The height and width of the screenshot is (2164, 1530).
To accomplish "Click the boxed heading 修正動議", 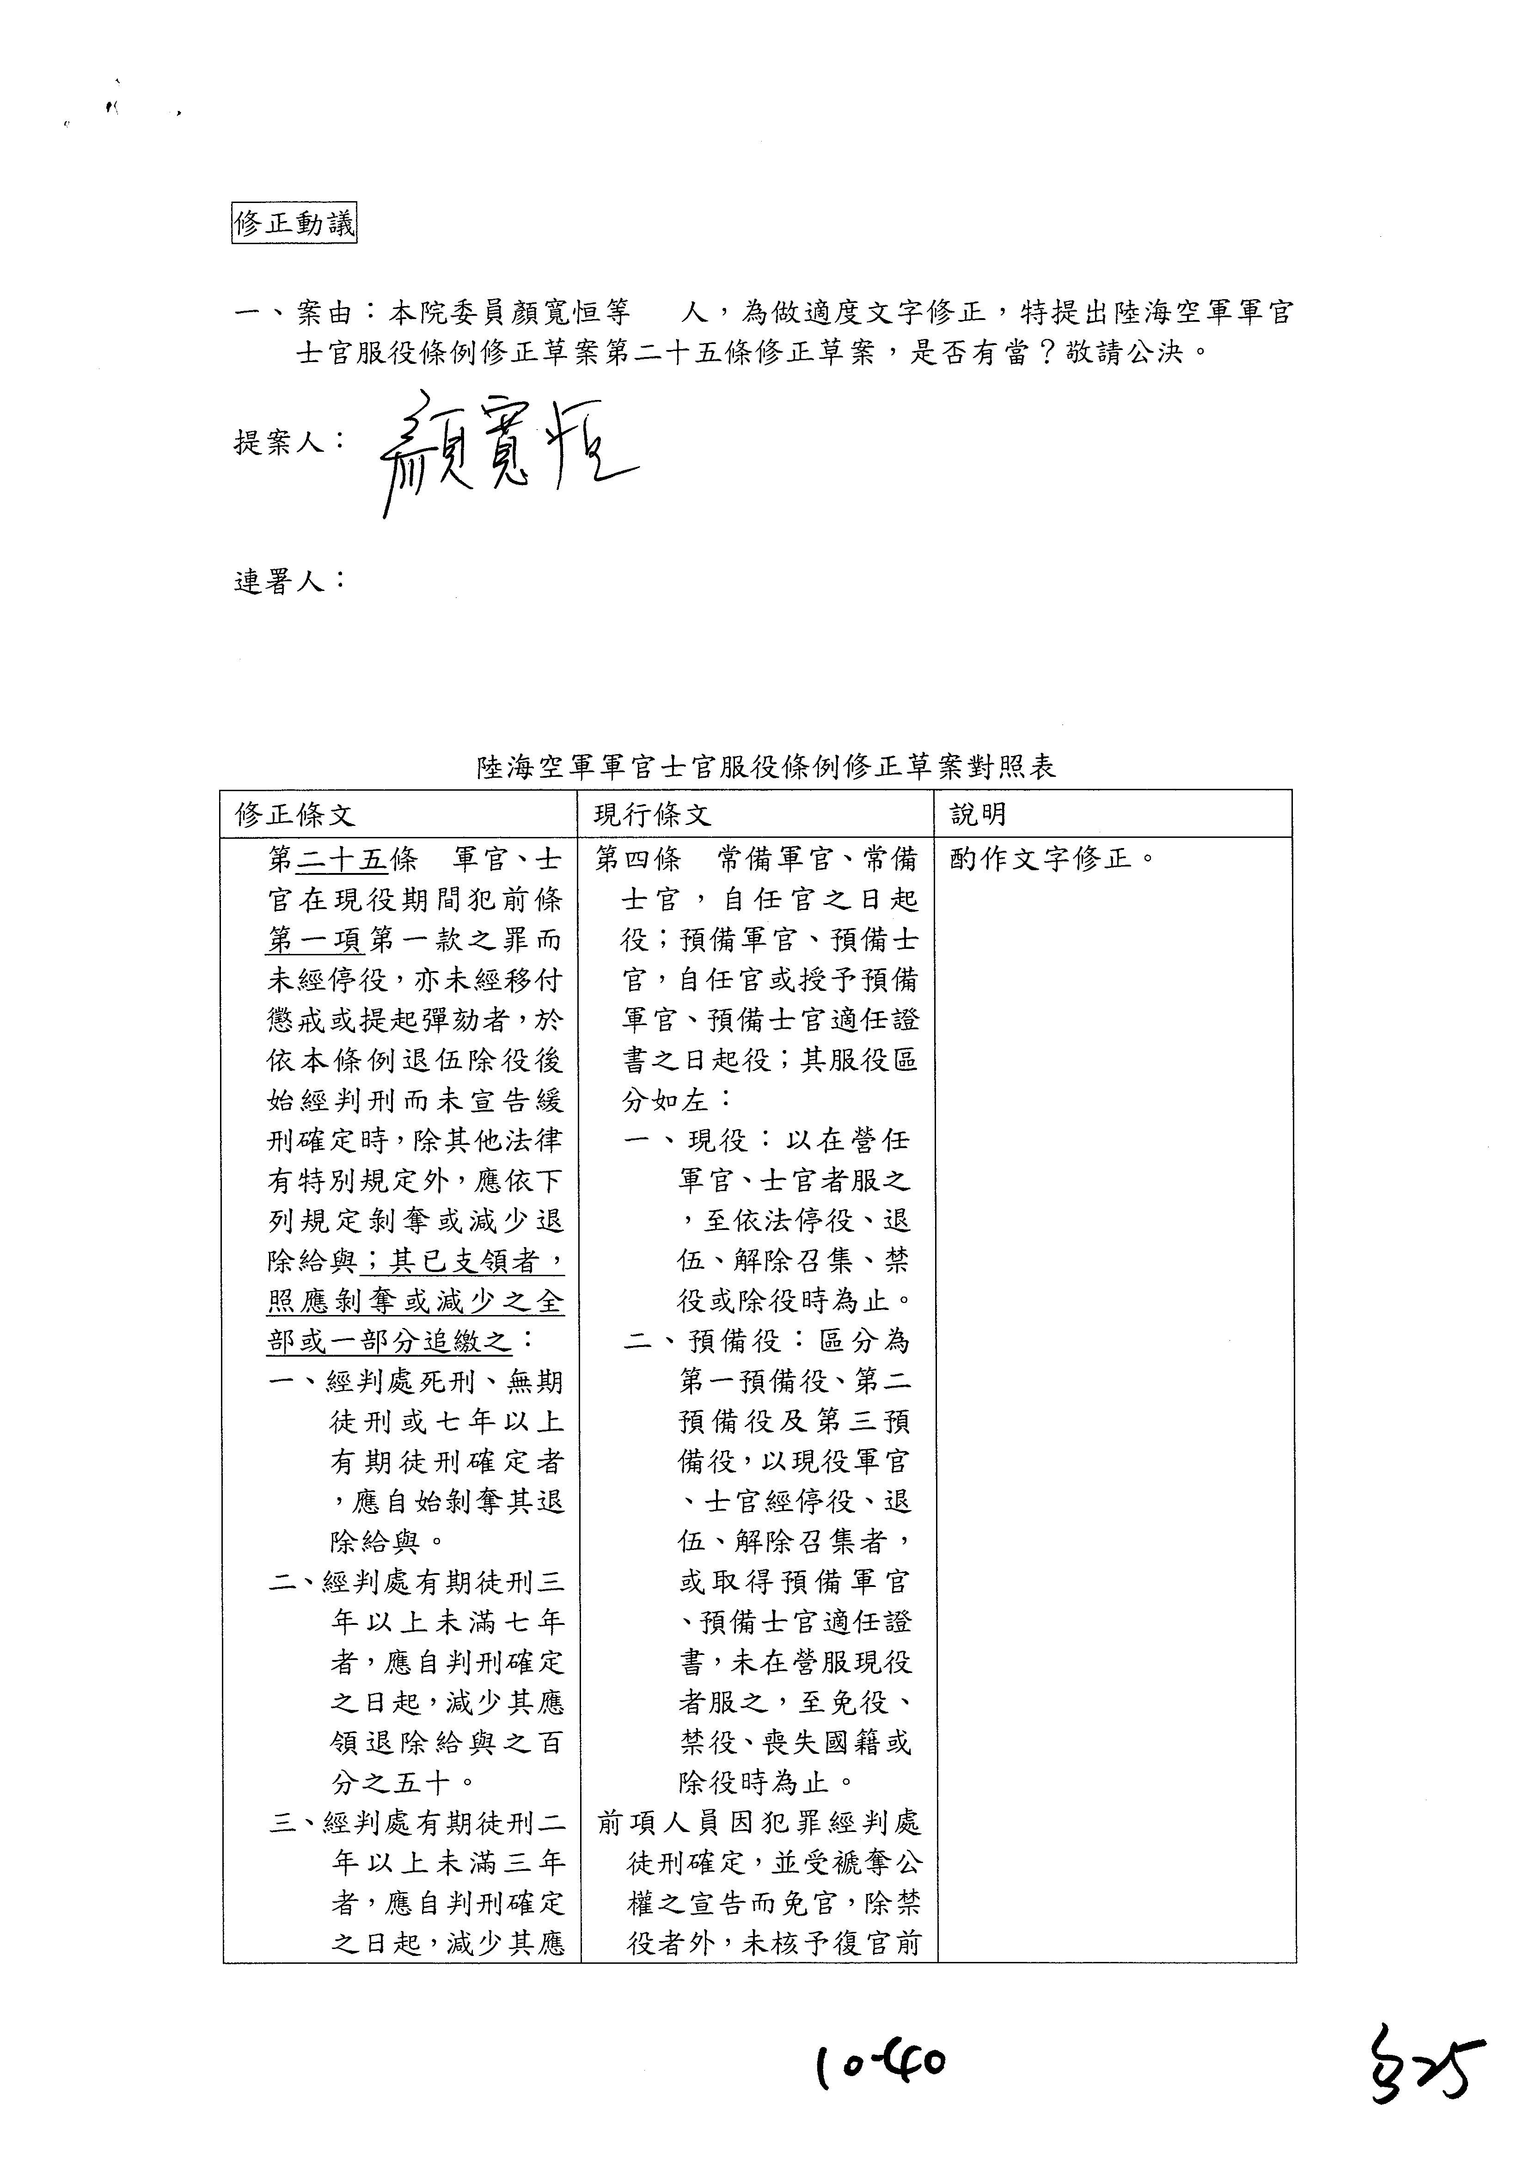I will [294, 224].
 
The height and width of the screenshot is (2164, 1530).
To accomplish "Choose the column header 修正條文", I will [295, 814].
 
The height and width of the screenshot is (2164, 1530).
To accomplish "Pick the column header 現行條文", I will [652, 814].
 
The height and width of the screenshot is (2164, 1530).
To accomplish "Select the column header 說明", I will [978, 814].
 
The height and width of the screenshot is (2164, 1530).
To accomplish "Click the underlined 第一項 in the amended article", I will [314, 940].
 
